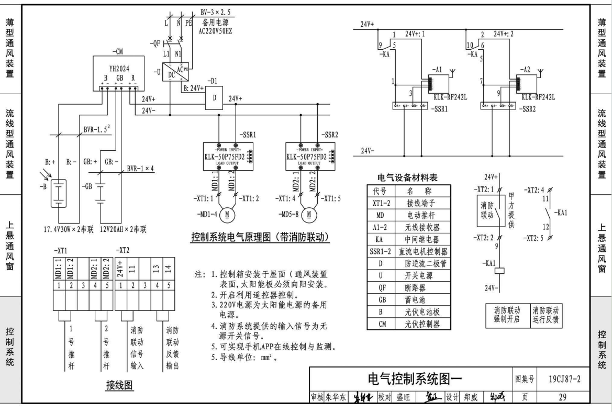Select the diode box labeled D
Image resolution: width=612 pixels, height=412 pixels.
click(215, 98)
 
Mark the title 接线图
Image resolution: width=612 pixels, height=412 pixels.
click(119, 386)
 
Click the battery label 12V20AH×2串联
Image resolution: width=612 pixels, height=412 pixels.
click(115, 229)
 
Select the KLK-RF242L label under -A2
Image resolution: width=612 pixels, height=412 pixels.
click(538, 97)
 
